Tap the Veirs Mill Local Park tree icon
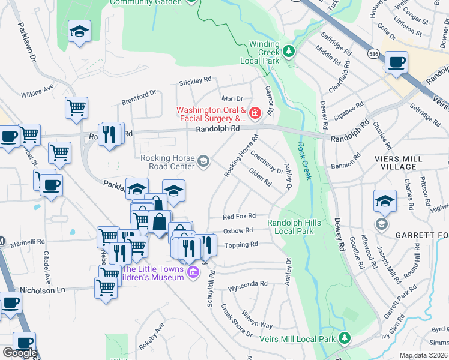click(345, 338)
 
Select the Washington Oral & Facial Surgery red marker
click(255, 112)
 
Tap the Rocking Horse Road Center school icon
click(203, 161)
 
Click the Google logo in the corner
click(20, 353)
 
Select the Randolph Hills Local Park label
click(291, 226)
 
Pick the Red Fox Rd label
click(239, 216)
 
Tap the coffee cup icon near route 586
click(396, 62)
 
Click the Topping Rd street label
click(241, 245)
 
